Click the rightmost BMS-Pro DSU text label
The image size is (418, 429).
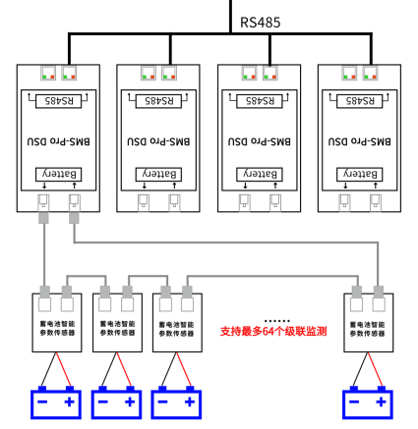click(361, 137)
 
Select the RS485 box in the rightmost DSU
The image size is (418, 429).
click(361, 100)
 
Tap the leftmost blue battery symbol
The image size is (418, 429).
click(56, 403)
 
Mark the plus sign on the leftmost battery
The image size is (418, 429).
click(70, 402)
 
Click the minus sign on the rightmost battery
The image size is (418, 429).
click(355, 402)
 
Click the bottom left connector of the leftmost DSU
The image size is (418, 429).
click(43, 202)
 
